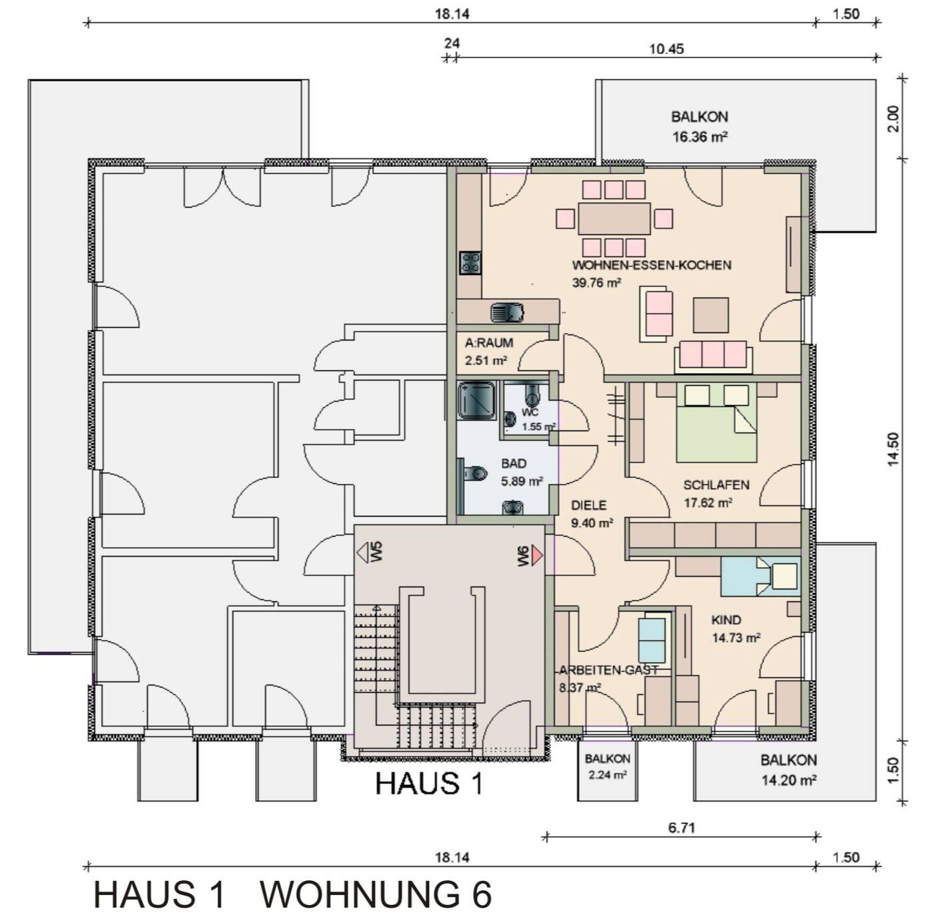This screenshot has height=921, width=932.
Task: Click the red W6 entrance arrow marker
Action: coord(538,555)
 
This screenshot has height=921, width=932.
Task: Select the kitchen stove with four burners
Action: coord(470,262)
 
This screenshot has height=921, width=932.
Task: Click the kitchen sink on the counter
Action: coord(507,312)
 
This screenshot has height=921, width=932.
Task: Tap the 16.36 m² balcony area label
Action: coord(699,137)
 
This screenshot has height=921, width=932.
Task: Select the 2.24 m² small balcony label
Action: coord(607,775)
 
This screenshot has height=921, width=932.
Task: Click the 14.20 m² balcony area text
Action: coord(789,780)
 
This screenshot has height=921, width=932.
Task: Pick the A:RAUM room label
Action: coord(489,343)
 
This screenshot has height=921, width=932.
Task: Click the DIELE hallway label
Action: coord(589,506)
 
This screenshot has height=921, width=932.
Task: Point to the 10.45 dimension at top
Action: coord(666,49)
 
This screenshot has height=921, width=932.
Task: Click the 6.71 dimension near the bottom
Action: coord(681,828)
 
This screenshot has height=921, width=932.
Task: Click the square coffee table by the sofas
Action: coord(711,315)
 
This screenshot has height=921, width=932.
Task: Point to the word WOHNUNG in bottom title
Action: coord(376,895)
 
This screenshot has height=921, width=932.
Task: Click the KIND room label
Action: coord(726,620)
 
